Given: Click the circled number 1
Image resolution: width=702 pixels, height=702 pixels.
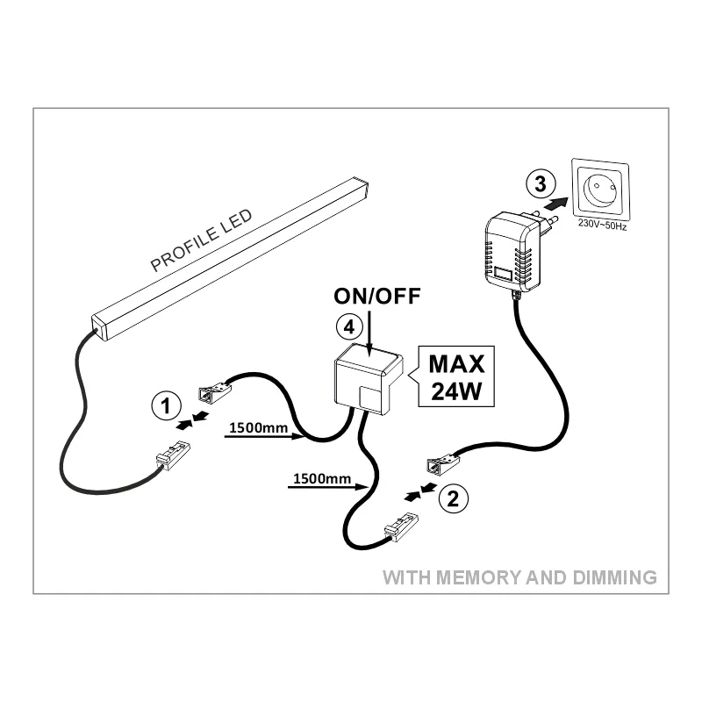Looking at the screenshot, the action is coord(166,406).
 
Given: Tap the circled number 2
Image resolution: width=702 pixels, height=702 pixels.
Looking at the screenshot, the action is coord(453,498).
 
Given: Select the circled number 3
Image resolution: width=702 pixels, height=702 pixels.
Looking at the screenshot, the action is coord(541,183).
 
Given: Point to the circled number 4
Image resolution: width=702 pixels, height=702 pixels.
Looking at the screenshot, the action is coord(349,326).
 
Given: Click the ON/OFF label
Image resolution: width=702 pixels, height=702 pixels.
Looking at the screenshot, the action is coord(377,296).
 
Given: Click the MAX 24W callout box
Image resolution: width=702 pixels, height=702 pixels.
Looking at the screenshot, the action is coord(455,376).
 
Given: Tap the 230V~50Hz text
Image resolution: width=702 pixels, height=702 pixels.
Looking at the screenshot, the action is coord(602,224).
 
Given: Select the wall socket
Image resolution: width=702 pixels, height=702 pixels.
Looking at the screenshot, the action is coord(600,188).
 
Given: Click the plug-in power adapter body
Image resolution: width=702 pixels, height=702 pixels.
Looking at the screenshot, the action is coord(512,252).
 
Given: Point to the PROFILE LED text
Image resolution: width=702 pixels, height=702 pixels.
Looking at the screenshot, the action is coord(201,240).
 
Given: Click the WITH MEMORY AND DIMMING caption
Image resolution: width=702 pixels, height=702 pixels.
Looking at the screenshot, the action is coord(519,577).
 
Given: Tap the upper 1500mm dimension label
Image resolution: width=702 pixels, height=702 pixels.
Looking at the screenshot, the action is coord(258,427).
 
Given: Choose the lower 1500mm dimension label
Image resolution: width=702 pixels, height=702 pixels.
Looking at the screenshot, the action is coord(322,478).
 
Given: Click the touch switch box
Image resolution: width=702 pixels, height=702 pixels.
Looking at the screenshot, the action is coord(369,379).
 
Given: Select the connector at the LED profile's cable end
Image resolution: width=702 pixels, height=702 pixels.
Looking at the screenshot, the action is coord(173,455).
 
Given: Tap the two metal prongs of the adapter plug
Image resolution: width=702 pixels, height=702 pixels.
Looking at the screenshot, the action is coord(548,223).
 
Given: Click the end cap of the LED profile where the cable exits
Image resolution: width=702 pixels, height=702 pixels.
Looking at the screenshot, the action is coord(99,327).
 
